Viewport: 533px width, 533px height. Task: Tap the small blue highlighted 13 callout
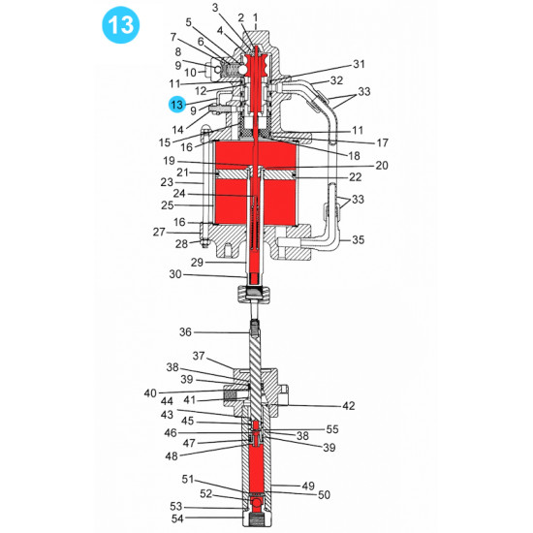tap(175, 104)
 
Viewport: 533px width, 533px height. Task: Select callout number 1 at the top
tap(255, 17)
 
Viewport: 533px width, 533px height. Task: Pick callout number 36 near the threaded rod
tap(186, 332)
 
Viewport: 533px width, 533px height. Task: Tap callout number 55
tap(331, 428)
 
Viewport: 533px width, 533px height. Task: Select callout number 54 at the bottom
tap(175, 520)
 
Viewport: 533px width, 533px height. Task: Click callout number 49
tap(309, 486)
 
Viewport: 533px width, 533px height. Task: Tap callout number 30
tap(175, 275)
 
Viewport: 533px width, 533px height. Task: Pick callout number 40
tap(150, 392)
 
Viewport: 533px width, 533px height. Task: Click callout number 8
tap(177, 52)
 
